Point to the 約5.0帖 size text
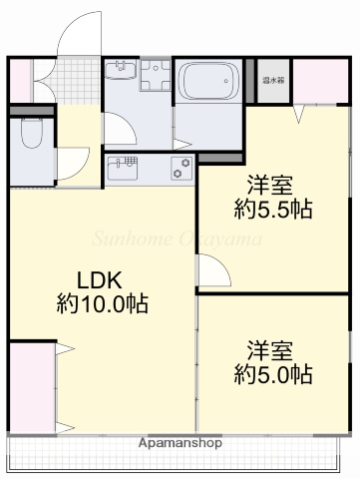coord(273,375)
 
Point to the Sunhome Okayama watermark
coord(179,239)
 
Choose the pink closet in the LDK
coord(30,386)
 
